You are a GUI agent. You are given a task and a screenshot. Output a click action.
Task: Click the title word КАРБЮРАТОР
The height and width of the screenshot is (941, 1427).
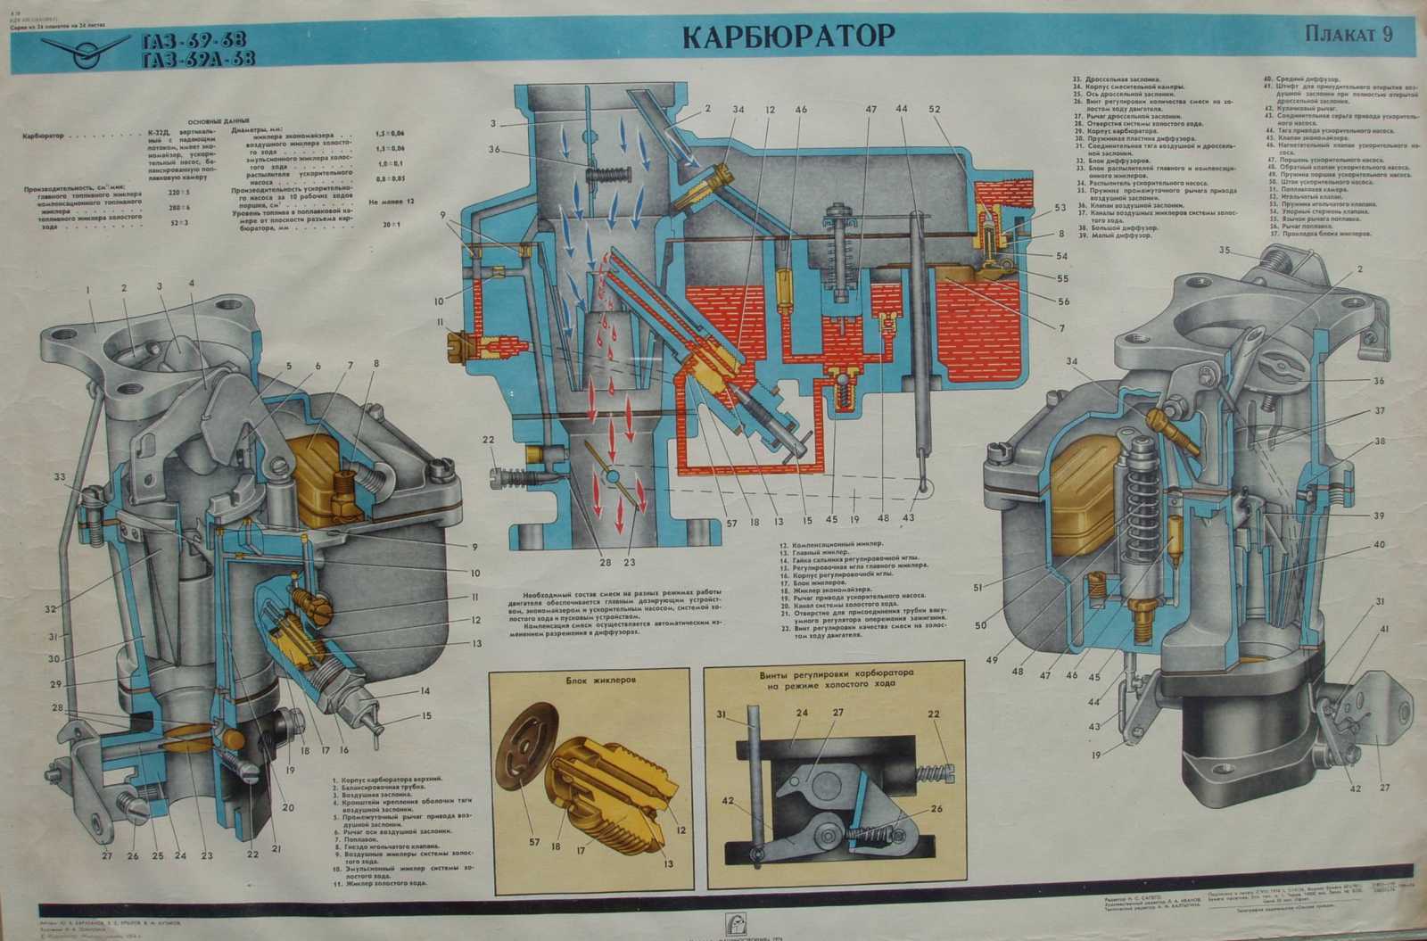coord(788,36)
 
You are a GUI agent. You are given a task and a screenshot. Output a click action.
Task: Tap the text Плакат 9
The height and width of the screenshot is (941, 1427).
coord(1348,35)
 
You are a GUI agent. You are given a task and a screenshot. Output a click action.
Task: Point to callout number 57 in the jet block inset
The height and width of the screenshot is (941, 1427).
coord(535,841)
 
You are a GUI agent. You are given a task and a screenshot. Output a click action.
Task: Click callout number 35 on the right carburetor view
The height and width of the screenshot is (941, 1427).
coord(1225,250)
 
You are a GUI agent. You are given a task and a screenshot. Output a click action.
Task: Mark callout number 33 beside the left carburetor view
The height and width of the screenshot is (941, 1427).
coord(59,477)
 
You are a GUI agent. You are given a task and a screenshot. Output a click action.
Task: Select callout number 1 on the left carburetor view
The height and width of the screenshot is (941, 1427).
coord(88,290)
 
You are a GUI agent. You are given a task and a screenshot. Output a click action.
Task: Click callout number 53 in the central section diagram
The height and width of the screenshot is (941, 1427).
coord(1060,208)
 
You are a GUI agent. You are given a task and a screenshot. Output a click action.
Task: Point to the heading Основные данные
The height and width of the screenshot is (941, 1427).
coord(219,121)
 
